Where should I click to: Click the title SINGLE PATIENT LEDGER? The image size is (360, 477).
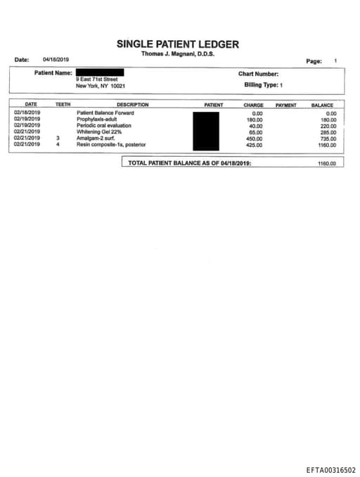(178, 44)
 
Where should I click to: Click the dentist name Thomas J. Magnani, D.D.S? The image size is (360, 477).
(178, 54)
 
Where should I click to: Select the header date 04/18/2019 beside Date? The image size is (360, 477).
(56, 60)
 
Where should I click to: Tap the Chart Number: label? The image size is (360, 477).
(259, 73)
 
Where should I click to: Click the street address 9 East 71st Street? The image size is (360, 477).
(97, 79)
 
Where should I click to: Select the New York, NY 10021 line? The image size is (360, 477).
(101, 86)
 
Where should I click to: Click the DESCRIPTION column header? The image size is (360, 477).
(132, 105)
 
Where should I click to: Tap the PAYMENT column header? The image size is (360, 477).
(285, 105)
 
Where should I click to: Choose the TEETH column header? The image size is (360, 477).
(63, 105)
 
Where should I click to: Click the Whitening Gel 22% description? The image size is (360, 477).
(99, 132)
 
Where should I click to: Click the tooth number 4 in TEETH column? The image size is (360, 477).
(58, 145)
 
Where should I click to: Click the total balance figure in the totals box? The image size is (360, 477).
(327, 163)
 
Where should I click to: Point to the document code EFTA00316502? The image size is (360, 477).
(330, 470)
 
